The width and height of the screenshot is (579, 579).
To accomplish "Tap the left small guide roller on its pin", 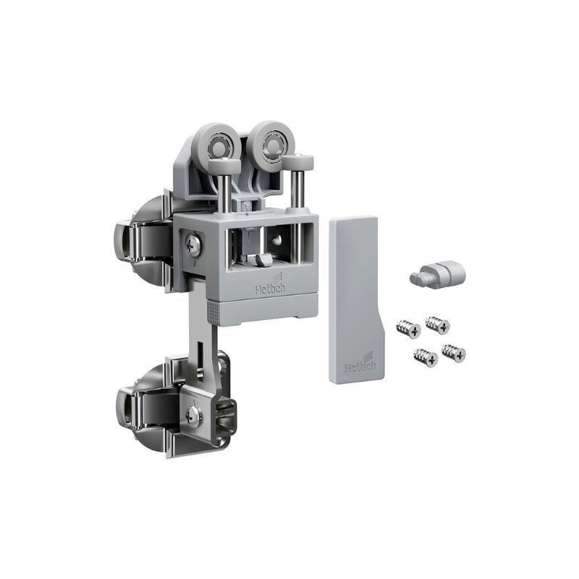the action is pos(225,164).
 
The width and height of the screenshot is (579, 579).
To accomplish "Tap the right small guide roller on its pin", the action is pos(298,161).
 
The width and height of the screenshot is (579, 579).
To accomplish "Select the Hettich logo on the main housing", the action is pos(270,284).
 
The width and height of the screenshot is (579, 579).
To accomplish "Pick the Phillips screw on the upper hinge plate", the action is pos(193,244).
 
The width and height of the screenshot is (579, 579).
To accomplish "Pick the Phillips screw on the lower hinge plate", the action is pos(193,415).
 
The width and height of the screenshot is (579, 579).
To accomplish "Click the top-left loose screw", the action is pos(408,328).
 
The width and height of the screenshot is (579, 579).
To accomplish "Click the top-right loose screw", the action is pos(438,325).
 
